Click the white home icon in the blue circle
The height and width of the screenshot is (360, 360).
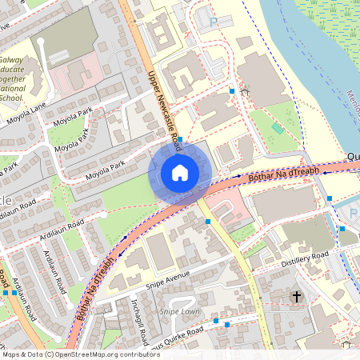click(180, 172)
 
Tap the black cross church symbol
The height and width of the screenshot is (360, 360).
click(297, 297)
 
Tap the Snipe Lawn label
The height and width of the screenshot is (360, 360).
click(179, 310)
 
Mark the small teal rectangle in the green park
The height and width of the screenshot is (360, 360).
click(277, 128)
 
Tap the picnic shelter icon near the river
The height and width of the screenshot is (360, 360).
click(245, 92)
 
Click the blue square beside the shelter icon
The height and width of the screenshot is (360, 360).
click(233, 92)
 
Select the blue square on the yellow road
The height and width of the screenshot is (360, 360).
click(208, 221)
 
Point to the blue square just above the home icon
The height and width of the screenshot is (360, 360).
click(180, 139)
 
